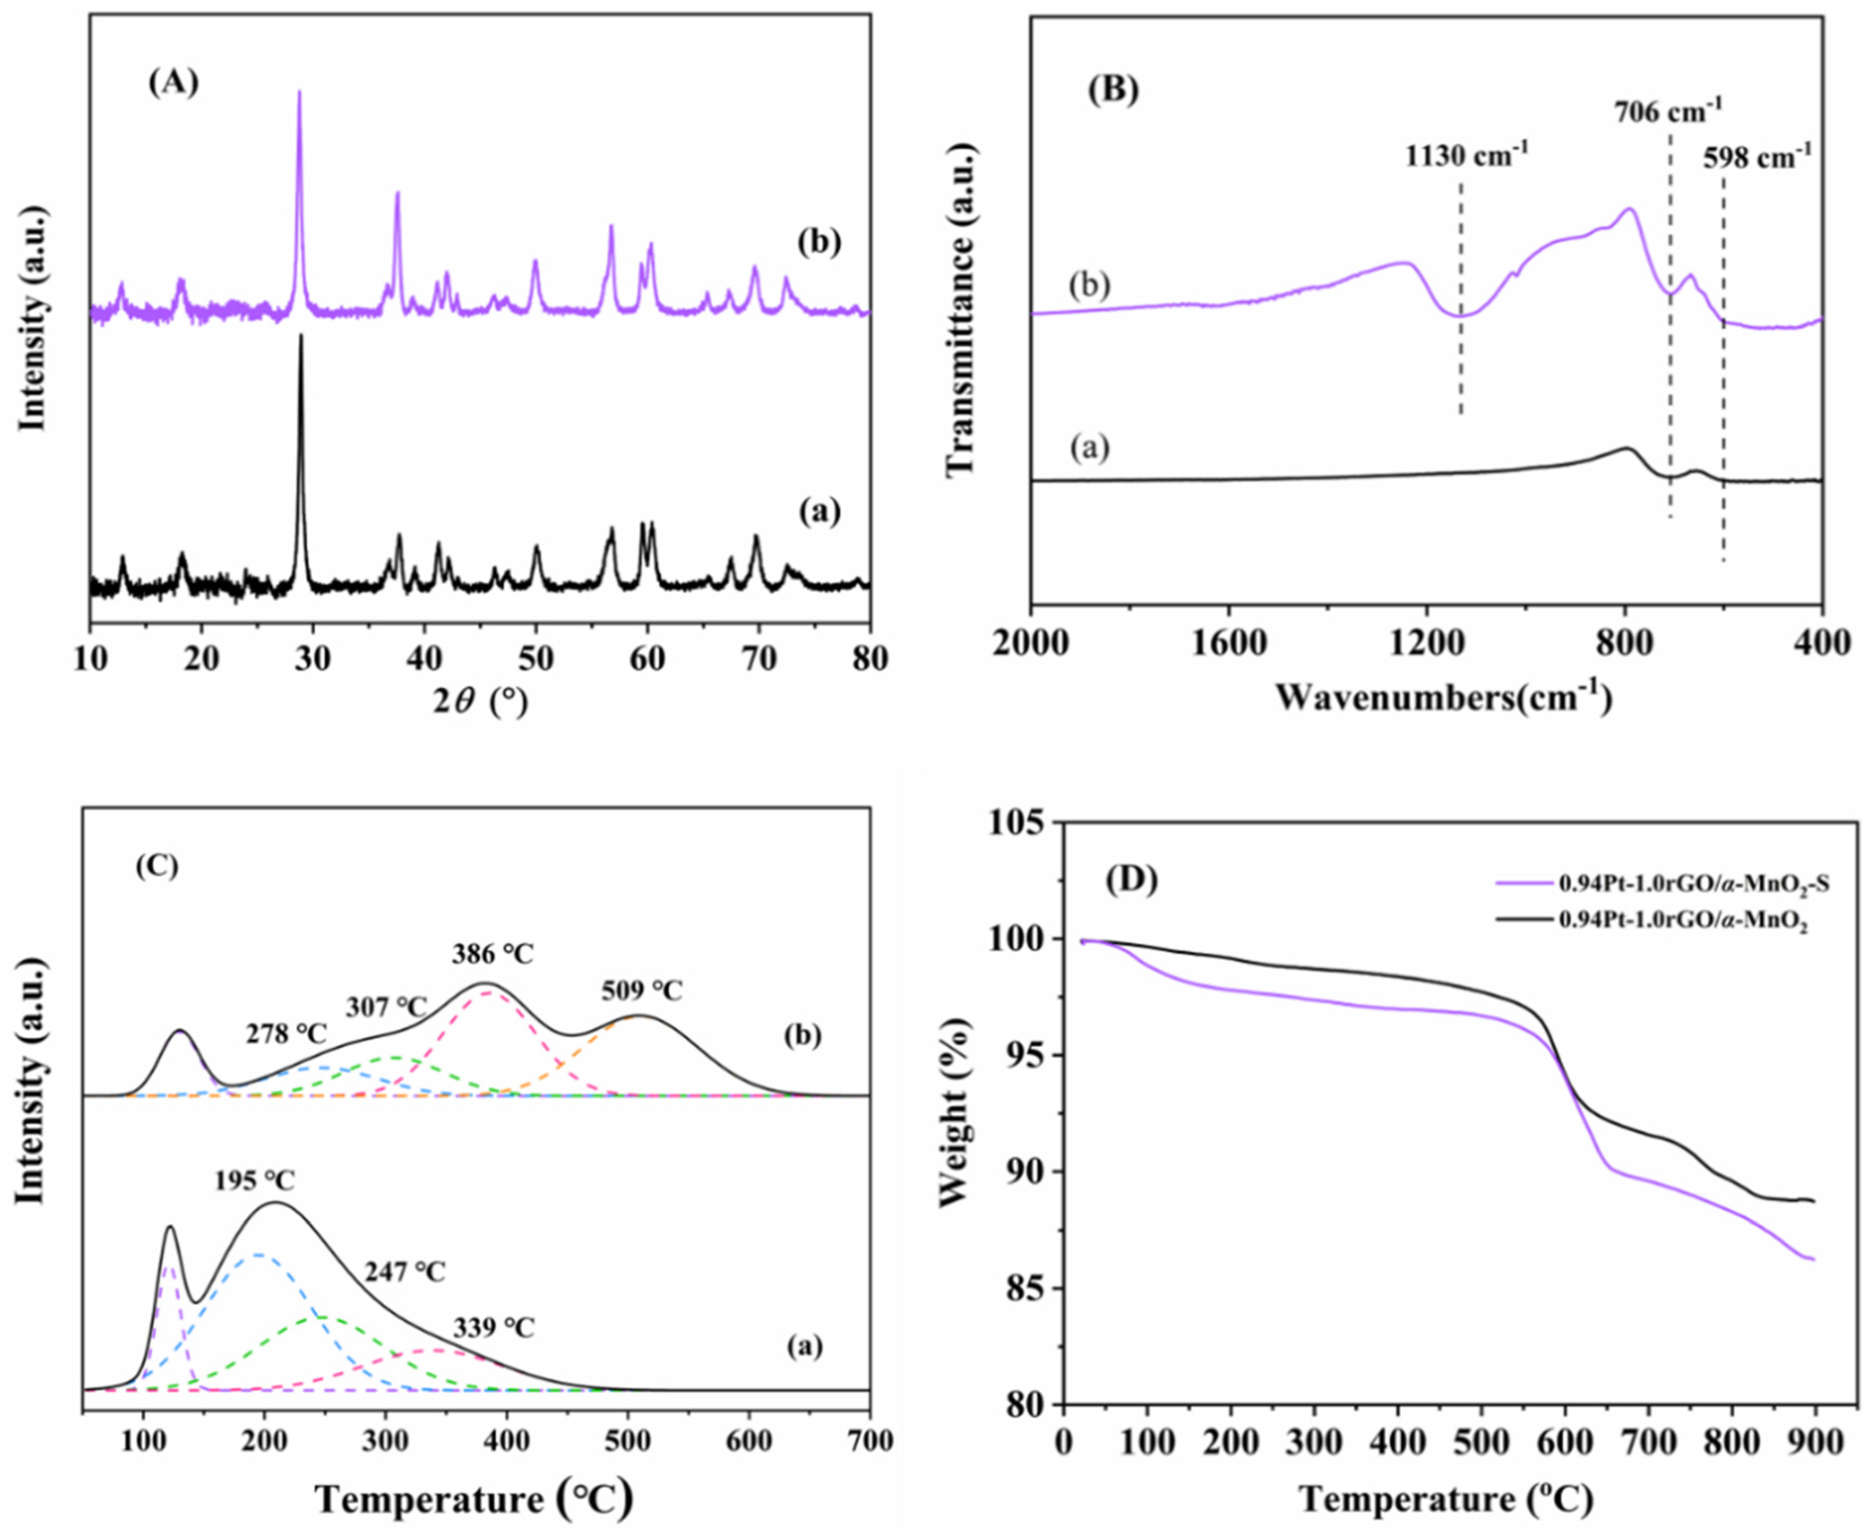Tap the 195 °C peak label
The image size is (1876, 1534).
255,1180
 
